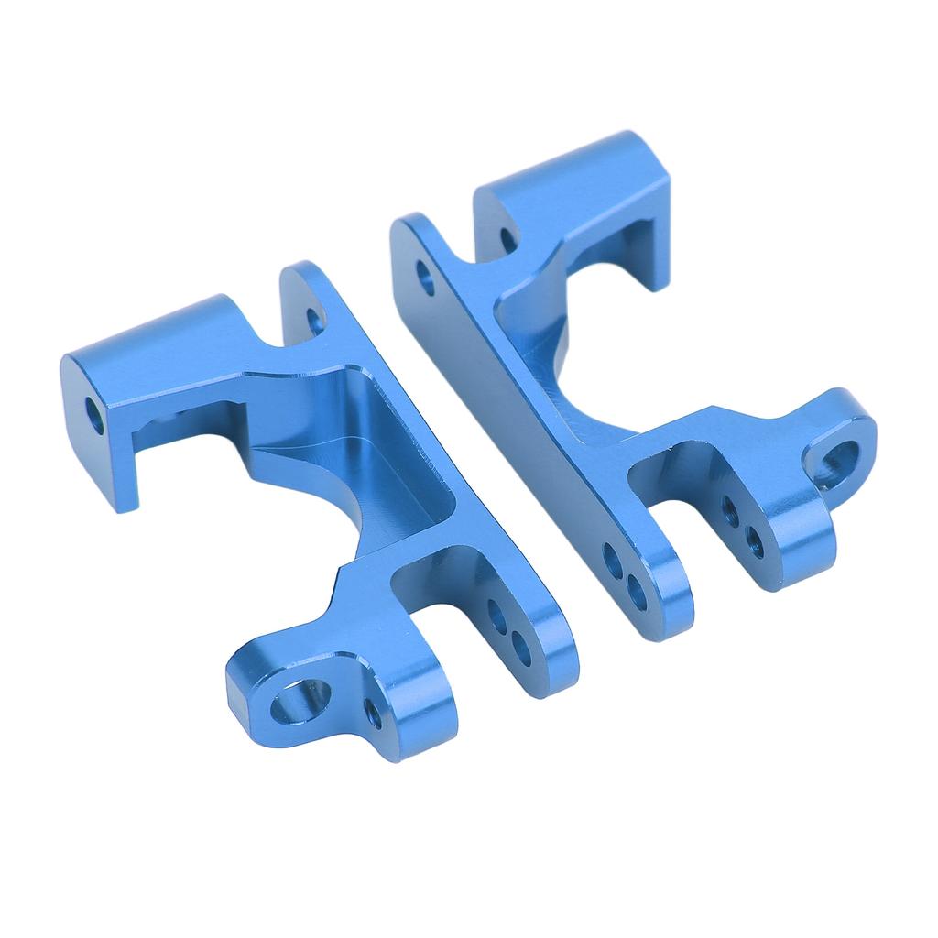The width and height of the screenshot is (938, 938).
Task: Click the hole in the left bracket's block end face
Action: point(95,414)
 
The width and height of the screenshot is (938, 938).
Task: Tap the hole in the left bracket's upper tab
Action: point(314,320)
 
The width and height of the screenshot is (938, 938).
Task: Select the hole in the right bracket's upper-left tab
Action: point(425,277)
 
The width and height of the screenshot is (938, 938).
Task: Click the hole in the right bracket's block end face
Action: point(508,240)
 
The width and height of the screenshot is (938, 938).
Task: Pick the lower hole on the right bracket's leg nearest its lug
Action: point(755,541)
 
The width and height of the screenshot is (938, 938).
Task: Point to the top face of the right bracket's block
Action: point(586,169)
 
